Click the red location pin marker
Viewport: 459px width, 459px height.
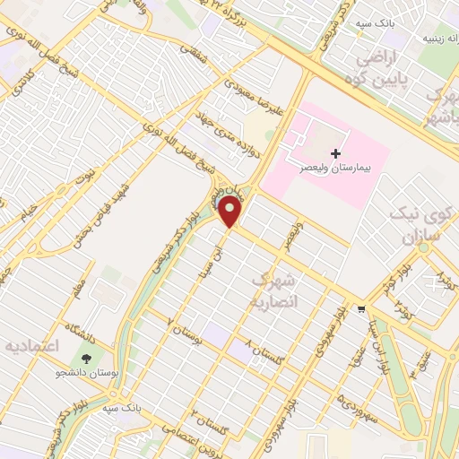tap(230, 212)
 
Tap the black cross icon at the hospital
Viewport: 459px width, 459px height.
tap(336, 153)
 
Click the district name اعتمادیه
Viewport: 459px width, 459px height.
tap(34, 346)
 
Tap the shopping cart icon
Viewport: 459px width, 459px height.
tap(361, 309)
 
